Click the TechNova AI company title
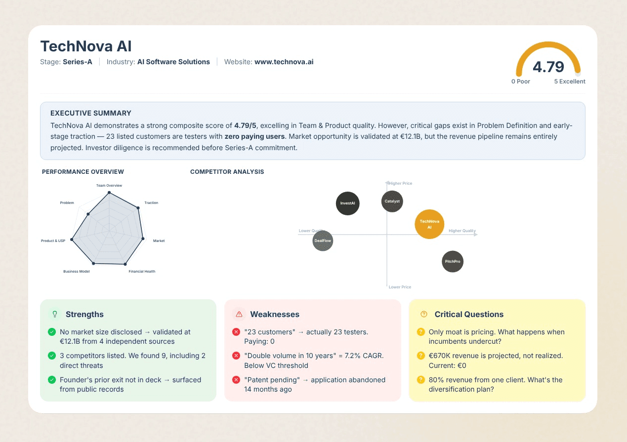tap(86, 46)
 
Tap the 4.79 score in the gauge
tap(548, 67)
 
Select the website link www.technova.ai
tap(284, 62)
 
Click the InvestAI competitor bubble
tap(347, 203)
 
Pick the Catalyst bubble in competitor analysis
tap(392, 201)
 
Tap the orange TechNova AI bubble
tap(429, 224)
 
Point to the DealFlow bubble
tap(323, 241)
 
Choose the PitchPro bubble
tap(453, 262)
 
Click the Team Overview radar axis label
tap(109, 186)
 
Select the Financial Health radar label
tap(142, 272)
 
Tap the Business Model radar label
tap(77, 272)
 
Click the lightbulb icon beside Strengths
tap(55, 314)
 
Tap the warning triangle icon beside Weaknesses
tap(239, 314)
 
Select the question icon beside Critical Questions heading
tap(423, 314)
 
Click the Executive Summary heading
tap(91, 113)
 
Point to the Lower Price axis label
tap(400, 287)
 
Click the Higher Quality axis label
tap(462, 231)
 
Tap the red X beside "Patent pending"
tap(236, 380)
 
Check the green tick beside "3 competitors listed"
tap(51, 356)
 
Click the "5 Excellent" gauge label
tap(569, 81)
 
